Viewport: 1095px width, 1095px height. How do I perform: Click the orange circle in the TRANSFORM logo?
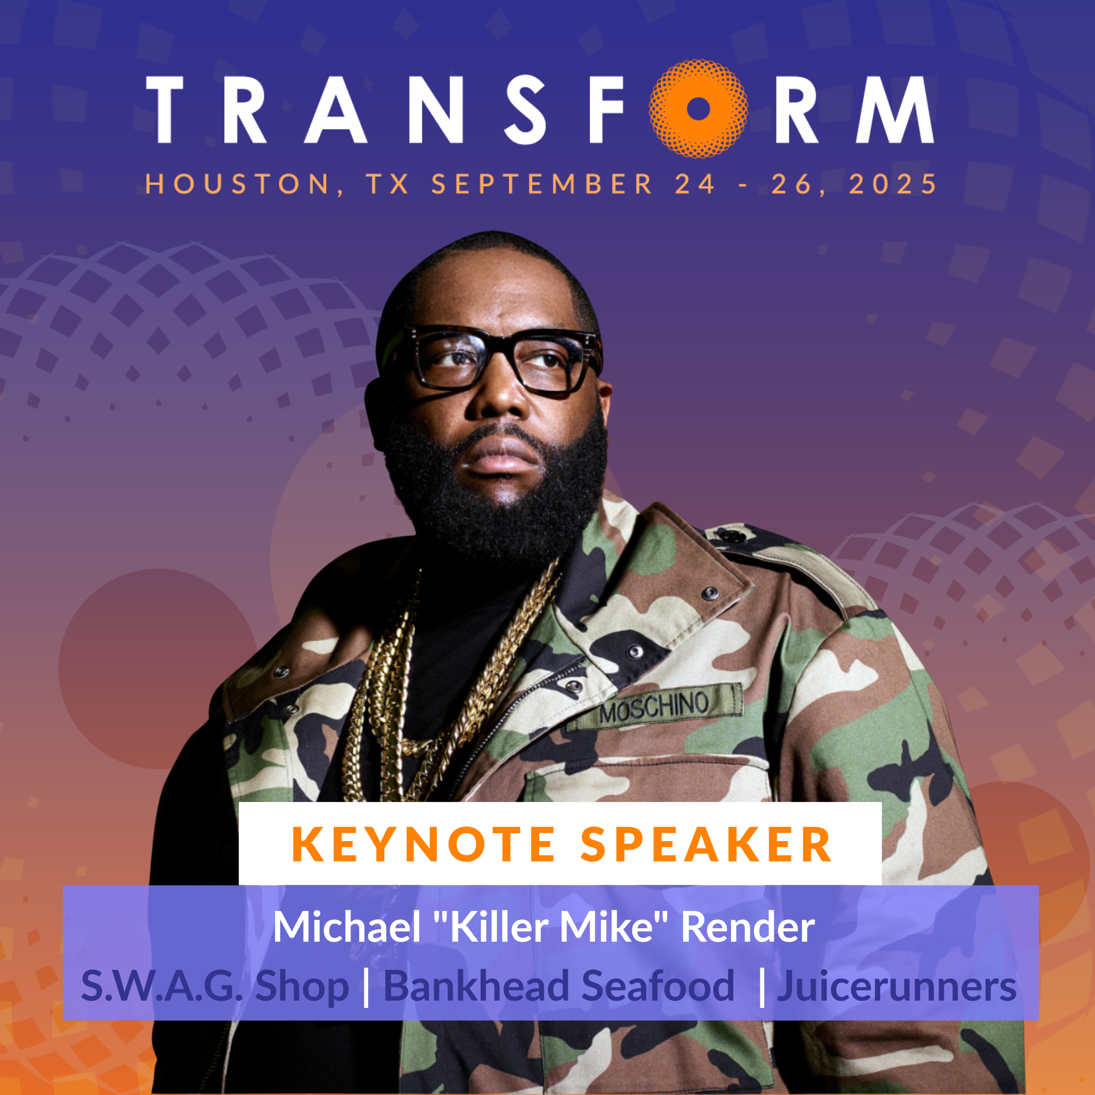(698, 109)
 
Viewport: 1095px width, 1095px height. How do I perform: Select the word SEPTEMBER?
(542, 184)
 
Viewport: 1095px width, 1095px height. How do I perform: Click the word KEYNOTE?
(423, 845)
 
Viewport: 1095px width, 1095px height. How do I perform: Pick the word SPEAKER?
(706, 845)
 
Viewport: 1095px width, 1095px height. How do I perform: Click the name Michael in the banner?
(347, 927)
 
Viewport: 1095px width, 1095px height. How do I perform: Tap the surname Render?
(748, 927)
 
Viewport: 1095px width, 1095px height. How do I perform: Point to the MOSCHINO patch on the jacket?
(654, 705)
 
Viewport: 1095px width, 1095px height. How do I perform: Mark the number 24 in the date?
(695, 184)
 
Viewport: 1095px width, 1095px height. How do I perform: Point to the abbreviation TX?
(387, 184)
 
